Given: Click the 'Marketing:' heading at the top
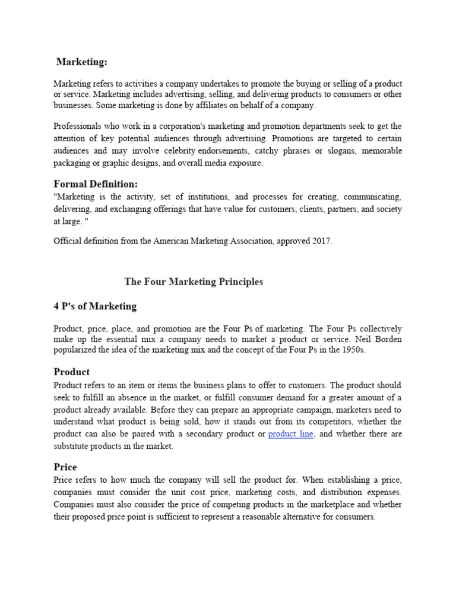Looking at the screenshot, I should (x=82, y=62).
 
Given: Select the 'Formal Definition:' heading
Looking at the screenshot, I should (x=95, y=184).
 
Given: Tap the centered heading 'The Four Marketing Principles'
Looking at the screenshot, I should (x=194, y=281).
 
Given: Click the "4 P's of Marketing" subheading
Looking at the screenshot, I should (x=95, y=306).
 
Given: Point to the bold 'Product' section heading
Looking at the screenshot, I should (x=71, y=372).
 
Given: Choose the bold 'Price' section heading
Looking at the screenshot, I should (x=65, y=467).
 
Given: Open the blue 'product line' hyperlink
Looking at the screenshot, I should (x=291, y=434).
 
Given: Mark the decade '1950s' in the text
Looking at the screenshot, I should (x=352, y=350).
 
